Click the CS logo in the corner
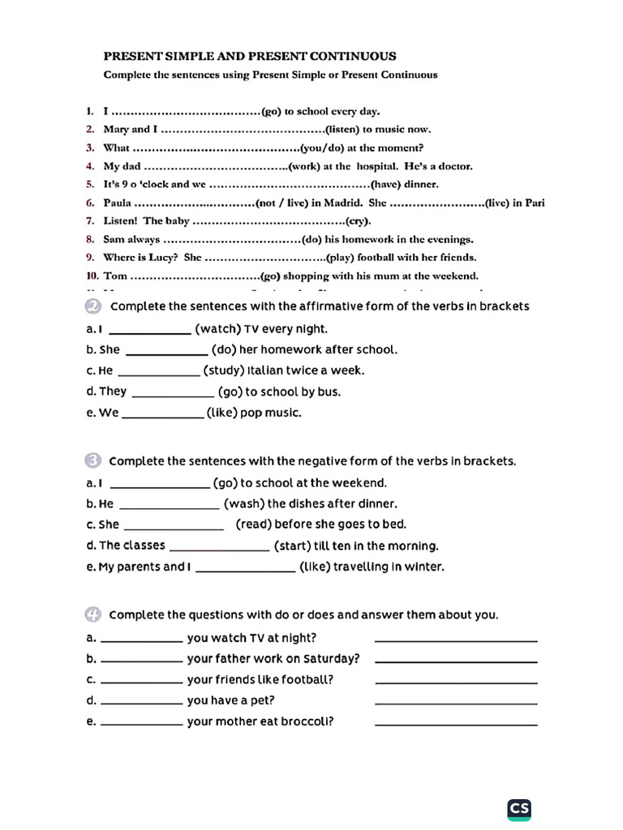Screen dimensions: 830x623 pyautogui.click(x=519, y=808)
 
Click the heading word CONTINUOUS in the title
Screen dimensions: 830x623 pyautogui.click(x=356, y=56)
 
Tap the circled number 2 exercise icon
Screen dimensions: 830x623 pyautogui.click(x=93, y=306)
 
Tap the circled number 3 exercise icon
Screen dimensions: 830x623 pyautogui.click(x=93, y=460)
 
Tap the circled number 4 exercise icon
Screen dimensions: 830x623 pyautogui.click(x=93, y=614)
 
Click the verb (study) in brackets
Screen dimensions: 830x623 pyautogui.click(x=226, y=370)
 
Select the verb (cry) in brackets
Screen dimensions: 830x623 pyautogui.click(x=357, y=220)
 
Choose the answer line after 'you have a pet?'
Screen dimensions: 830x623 pyautogui.click(x=456, y=701)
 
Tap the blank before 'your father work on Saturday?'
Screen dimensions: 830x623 pyautogui.click(x=142, y=660)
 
